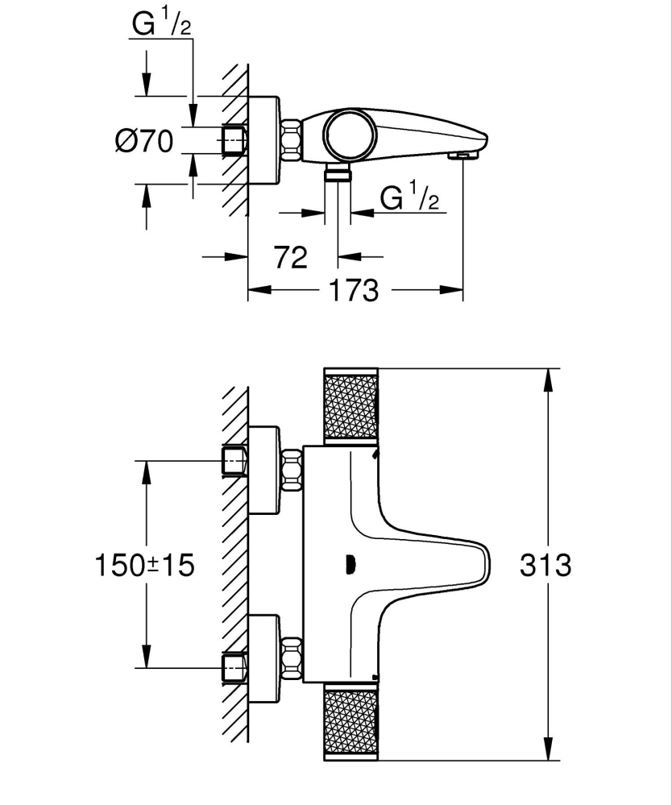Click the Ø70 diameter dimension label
click(x=144, y=141)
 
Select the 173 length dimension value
click(x=354, y=289)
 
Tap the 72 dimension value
click(x=291, y=257)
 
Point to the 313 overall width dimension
click(x=545, y=565)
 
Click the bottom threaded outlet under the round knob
click(x=338, y=174)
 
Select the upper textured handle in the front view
click(x=350, y=407)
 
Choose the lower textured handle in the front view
click(x=350, y=723)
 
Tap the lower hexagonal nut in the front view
click(x=291, y=656)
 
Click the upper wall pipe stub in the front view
click(x=233, y=461)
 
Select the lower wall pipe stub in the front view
click(x=233, y=667)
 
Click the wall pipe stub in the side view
click(x=233, y=140)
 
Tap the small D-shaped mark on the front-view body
click(x=350, y=565)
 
